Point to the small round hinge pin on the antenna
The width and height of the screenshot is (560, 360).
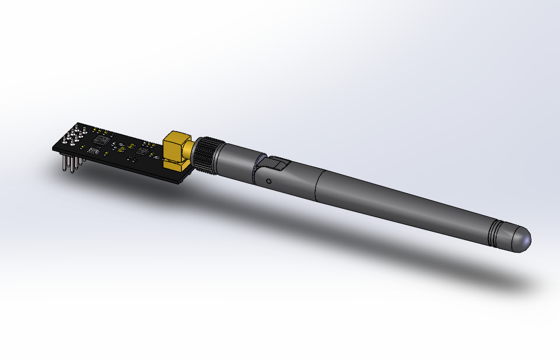[x=269, y=181]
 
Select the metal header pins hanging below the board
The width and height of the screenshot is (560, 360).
[x=72, y=164]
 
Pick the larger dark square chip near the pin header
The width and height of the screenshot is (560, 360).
[x=101, y=139]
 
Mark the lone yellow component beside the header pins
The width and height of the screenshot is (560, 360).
[x=82, y=147]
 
